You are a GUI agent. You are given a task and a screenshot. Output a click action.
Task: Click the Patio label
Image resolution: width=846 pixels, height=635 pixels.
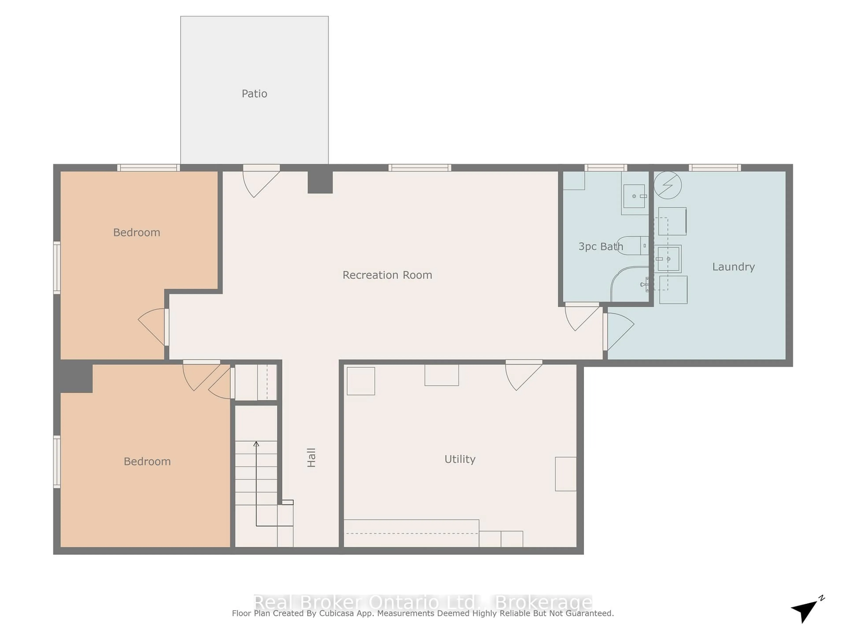(254, 93)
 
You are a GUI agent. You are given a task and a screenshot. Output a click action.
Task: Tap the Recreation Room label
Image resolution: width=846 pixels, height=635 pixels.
(387, 275)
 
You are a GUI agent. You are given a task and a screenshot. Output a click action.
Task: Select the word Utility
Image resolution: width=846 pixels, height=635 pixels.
(460, 459)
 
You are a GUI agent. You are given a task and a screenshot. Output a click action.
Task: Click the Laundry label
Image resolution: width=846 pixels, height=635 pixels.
(733, 267)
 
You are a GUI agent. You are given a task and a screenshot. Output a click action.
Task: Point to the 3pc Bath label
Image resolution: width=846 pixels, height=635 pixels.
(600, 247)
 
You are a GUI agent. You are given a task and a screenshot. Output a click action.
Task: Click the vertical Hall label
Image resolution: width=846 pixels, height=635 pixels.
(311, 458)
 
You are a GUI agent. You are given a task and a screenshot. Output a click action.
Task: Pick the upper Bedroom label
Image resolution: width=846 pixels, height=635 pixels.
(137, 232)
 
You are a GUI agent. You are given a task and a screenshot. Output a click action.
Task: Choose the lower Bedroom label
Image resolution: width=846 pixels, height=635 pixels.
(147, 461)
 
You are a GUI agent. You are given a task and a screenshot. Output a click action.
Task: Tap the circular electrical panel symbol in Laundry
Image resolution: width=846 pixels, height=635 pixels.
(667, 185)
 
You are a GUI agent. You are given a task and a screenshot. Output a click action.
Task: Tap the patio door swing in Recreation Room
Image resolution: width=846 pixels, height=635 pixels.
(260, 182)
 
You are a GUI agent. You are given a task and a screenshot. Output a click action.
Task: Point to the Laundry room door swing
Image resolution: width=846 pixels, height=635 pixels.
(619, 330)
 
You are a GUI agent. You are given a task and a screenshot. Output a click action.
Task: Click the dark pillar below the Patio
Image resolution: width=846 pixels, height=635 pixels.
(320, 182)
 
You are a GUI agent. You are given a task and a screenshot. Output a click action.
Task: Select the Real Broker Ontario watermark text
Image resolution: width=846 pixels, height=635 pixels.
(423, 602)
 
